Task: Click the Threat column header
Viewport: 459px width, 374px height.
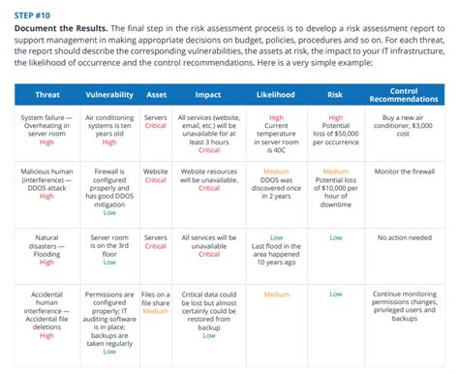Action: (46, 95)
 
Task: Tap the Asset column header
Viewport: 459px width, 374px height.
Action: (156, 95)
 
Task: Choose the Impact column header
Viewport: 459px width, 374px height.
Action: (209, 95)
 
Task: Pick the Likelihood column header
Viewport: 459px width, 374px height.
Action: (276, 95)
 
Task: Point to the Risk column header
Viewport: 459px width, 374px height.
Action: (336, 95)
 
